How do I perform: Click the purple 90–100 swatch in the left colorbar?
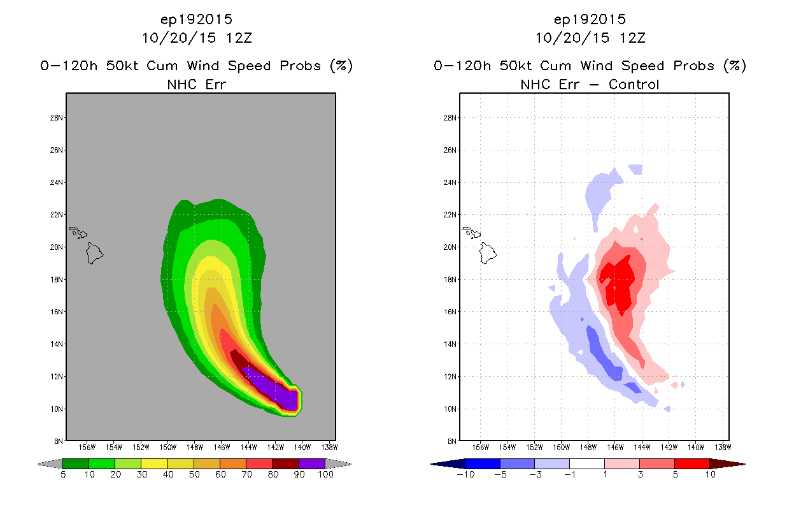312,463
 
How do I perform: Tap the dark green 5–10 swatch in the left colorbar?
76,463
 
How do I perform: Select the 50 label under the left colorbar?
194,474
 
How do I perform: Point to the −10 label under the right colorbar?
465,474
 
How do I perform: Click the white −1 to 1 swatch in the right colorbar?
587,463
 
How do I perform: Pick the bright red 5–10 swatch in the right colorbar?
692,463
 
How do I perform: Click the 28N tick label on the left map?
56,118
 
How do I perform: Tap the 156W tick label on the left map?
87,448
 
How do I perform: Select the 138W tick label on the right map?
723,448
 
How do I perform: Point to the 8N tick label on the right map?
452,441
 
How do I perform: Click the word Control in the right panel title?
634,84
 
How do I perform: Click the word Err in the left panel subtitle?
216,84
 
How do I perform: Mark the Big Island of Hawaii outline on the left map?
94,253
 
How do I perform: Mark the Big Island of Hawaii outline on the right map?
488,253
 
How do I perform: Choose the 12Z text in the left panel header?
239,38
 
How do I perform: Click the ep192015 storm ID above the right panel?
590,19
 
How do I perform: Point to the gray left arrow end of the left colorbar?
50,464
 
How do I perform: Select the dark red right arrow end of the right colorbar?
727,464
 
